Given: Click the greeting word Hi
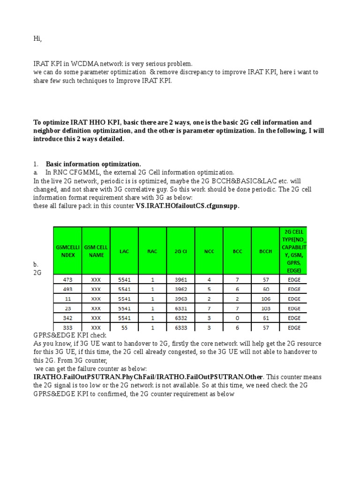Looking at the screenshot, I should coord(37,39).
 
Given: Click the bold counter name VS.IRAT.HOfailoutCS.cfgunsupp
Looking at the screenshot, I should coord(187,206).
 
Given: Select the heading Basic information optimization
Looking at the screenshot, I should coord(93,164).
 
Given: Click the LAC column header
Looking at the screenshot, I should coord(124,251).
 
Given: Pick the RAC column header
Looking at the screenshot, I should coord(152,251).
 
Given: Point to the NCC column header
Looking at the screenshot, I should coord(209,251).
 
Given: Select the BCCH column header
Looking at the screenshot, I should coord(265,251).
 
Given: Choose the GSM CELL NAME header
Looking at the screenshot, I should coord(96,251).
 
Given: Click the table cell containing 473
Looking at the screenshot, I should coord(67,280).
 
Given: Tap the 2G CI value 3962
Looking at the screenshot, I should coord(180,289).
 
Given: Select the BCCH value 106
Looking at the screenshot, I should coord(265,299).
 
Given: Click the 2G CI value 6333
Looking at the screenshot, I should coord(180,328).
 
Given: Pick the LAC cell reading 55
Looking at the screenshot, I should coord(124,328).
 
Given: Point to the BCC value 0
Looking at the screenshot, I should coord(237,318).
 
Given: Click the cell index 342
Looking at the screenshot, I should coord(67,318).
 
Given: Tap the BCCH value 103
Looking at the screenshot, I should coord(265,308).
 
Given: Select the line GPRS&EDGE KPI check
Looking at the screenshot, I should coord(70,336).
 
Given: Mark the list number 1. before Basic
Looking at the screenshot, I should coord(36,164).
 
